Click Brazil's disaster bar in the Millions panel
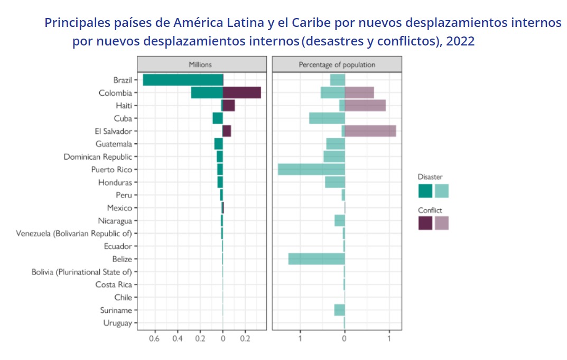point(183,80)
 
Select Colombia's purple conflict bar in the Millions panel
point(241,93)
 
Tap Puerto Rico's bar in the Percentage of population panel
point(311,169)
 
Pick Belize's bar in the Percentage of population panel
point(317,259)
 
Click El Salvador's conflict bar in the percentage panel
point(370,131)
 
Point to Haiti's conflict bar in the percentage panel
point(365,106)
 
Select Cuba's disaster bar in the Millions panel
point(218,118)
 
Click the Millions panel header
point(201,64)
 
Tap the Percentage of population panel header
point(337,64)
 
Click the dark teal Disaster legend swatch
point(425,191)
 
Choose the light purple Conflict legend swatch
point(442,223)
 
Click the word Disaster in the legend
point(430,177)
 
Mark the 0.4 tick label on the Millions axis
point(178,338)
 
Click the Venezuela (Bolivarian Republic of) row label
point(74,234)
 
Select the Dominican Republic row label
point(98,157)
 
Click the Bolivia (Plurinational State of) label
point(81,272)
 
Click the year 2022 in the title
point(460,41)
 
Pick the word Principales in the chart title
point(77,23)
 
